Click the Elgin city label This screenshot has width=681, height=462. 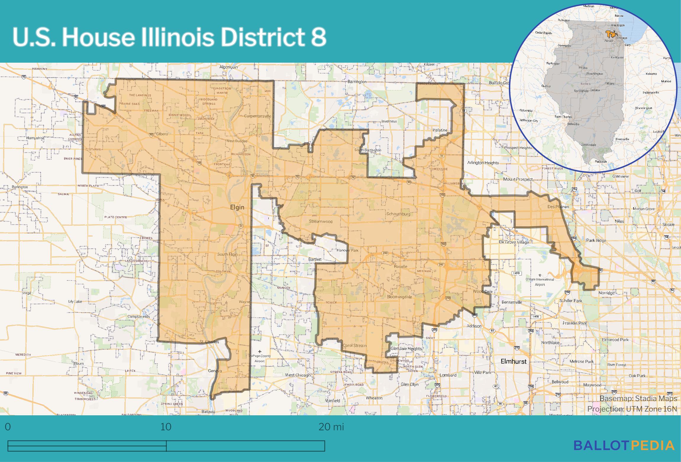[x=237, y=207]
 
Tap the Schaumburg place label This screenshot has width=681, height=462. [x=398, y=214]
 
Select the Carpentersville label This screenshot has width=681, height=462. [x=257, y=116]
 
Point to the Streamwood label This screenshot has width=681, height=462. [x=321, y=221]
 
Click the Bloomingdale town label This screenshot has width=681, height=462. [x=399, y=297]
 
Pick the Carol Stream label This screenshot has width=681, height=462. [x=354, y=345]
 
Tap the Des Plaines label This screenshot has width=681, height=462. [x=558, y=207]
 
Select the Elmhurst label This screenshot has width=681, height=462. [x=513, y=361]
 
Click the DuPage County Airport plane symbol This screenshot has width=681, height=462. [x=260, y=351]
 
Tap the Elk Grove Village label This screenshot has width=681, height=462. [x=514, y=242]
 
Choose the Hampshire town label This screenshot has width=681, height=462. [x=35, y=138]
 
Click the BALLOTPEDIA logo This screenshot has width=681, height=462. [x=624, y=445]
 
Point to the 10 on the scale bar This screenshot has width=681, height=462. [x=166, y=427]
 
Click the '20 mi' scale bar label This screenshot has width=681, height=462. [x=331, y=427]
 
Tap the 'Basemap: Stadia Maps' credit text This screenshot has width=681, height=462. [x=638, y=398]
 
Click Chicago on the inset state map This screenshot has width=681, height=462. [x=622, y=38]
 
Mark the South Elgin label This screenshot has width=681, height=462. [x=227, y=254]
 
